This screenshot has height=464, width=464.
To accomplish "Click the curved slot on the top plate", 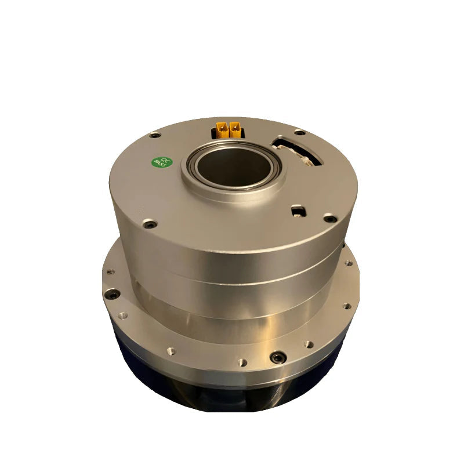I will pos(297,149).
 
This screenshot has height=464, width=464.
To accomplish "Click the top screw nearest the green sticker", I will pos(155,135).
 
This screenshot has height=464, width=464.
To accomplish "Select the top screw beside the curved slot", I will pos(299,132).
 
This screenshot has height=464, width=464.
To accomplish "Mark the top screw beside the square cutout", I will pos(329,218).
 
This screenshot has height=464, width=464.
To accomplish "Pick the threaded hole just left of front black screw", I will pos(242,362).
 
